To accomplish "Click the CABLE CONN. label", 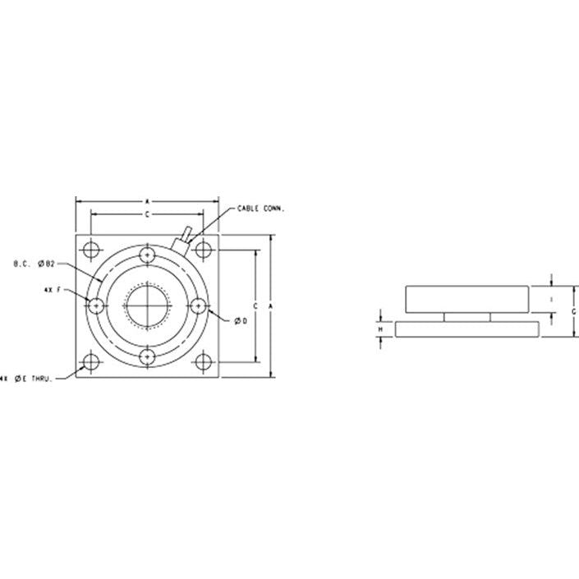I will click(260, 209).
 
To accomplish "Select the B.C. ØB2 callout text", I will click(34, 264).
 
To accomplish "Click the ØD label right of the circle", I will click(241, 319).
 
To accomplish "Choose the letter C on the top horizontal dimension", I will click(146, 214).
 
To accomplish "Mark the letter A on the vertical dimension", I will click(271, 306).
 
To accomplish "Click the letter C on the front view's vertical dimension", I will click(256, 306).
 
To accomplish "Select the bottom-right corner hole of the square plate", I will click(203, 361).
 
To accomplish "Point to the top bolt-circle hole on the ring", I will click(147, 255).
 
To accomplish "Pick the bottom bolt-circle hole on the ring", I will click(147, 356).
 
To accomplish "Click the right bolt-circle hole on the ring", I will click(197, 306).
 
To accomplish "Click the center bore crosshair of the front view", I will click(147, 306).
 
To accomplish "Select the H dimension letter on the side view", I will click(380, 329).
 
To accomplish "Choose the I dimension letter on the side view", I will click(552, 297).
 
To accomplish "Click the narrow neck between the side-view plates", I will click(467, 316).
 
